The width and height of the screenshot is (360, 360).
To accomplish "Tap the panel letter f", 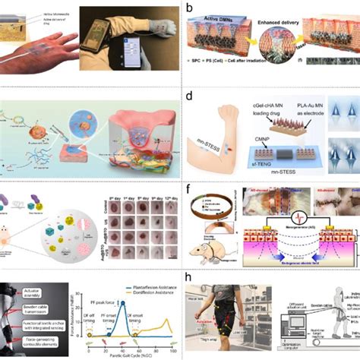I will (188, 188).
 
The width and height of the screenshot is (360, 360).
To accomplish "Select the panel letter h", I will (188, 277).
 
